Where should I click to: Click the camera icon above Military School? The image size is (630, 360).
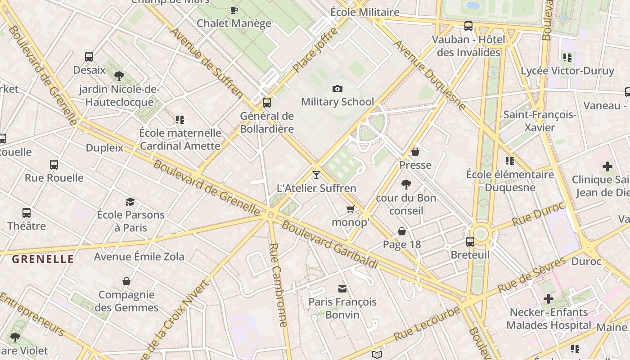(x=337, y=89)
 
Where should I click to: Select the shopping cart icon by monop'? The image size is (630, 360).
(x=350, y=209)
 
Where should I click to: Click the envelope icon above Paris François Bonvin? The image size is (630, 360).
(x=342, y=288)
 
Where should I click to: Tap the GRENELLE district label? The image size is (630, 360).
(x=43, y=259)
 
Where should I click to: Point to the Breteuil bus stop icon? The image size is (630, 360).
(x=470, y=242)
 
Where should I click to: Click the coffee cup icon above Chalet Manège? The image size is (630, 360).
(x=234, y=10)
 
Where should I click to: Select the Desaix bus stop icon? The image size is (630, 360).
(x=89, y=57)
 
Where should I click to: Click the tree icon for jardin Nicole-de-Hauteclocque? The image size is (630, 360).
(x=119, y=76)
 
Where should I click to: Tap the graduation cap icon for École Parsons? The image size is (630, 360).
(x=130, y=202)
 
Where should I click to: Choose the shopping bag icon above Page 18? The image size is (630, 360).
(x=402, y=231)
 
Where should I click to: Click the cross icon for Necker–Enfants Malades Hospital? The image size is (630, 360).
(x=548, y=299)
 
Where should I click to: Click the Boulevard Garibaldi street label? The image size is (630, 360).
(x=329, y=245)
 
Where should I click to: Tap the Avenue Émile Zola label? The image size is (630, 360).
(x=139, y=257)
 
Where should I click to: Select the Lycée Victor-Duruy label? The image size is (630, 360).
(x=567, y=71)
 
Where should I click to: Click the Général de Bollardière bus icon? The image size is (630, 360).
(x=267, y=103)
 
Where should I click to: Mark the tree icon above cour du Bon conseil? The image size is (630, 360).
(x=406, y=184)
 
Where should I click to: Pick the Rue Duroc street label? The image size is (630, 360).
(x=538, y=216)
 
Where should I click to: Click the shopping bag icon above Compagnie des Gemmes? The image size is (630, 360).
(x=126, y=281)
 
